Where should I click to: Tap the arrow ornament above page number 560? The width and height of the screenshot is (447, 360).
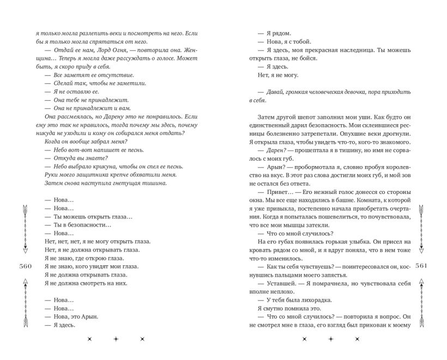tap(24, 229)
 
